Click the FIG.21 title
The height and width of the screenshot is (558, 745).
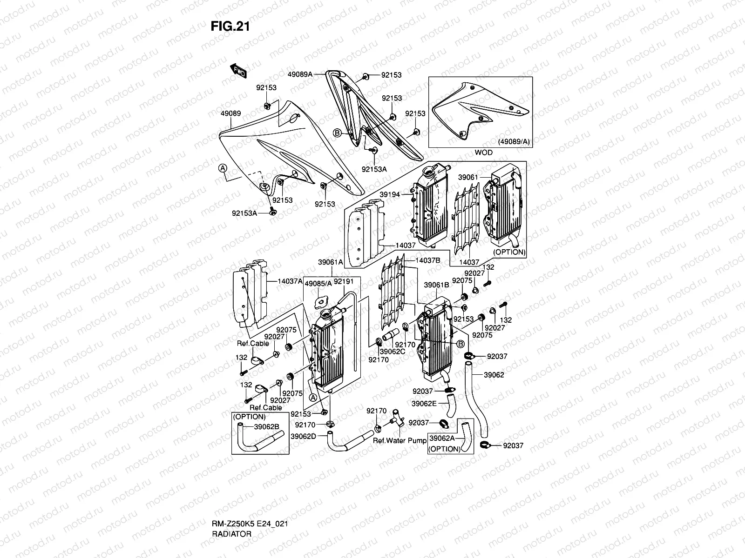pos(230,27)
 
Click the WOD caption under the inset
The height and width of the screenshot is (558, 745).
pos(483,152)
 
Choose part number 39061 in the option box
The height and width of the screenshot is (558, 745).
pos(467,177)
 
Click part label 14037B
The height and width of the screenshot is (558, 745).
pos(427,261)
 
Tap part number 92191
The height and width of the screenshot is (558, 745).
pos(344,282)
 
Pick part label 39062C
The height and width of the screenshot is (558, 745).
pos(392,352)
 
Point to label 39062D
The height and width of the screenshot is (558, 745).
pos(304,436)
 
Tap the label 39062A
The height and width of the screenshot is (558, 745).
pos(442,438)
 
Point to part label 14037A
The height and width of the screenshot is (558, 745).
pos(290,281)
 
